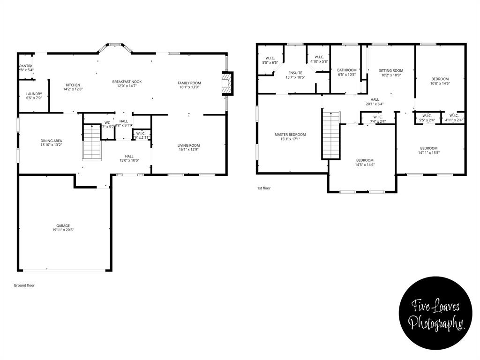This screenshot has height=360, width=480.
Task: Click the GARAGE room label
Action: pos(63,225)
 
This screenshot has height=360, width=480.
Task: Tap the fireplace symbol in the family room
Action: pos(227,83)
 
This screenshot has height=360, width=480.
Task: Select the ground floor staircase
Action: pos(92,143)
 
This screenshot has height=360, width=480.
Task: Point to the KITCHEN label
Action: pos(73,85)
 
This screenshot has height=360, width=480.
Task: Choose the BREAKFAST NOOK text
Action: pos(127,82)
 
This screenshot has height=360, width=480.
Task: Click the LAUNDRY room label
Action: pos(34,94)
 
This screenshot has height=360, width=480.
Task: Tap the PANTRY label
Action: pos(26,66)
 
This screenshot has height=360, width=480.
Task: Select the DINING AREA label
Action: pos(52,141)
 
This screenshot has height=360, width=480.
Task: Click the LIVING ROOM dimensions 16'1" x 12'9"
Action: pos(189,150)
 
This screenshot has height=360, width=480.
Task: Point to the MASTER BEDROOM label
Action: pos(290,135)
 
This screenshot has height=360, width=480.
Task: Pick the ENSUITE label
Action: pos(295,73)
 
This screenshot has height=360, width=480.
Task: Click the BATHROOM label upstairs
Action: pos(347,70)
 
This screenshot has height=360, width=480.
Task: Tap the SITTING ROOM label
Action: pos(391,70)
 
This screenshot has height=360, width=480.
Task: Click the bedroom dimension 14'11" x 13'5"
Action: pos(428,153)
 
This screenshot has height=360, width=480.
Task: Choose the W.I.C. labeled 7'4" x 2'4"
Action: pos(378,121)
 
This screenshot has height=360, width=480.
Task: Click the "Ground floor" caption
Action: pos(24,285)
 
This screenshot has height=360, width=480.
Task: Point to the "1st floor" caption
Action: pos(264,188)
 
